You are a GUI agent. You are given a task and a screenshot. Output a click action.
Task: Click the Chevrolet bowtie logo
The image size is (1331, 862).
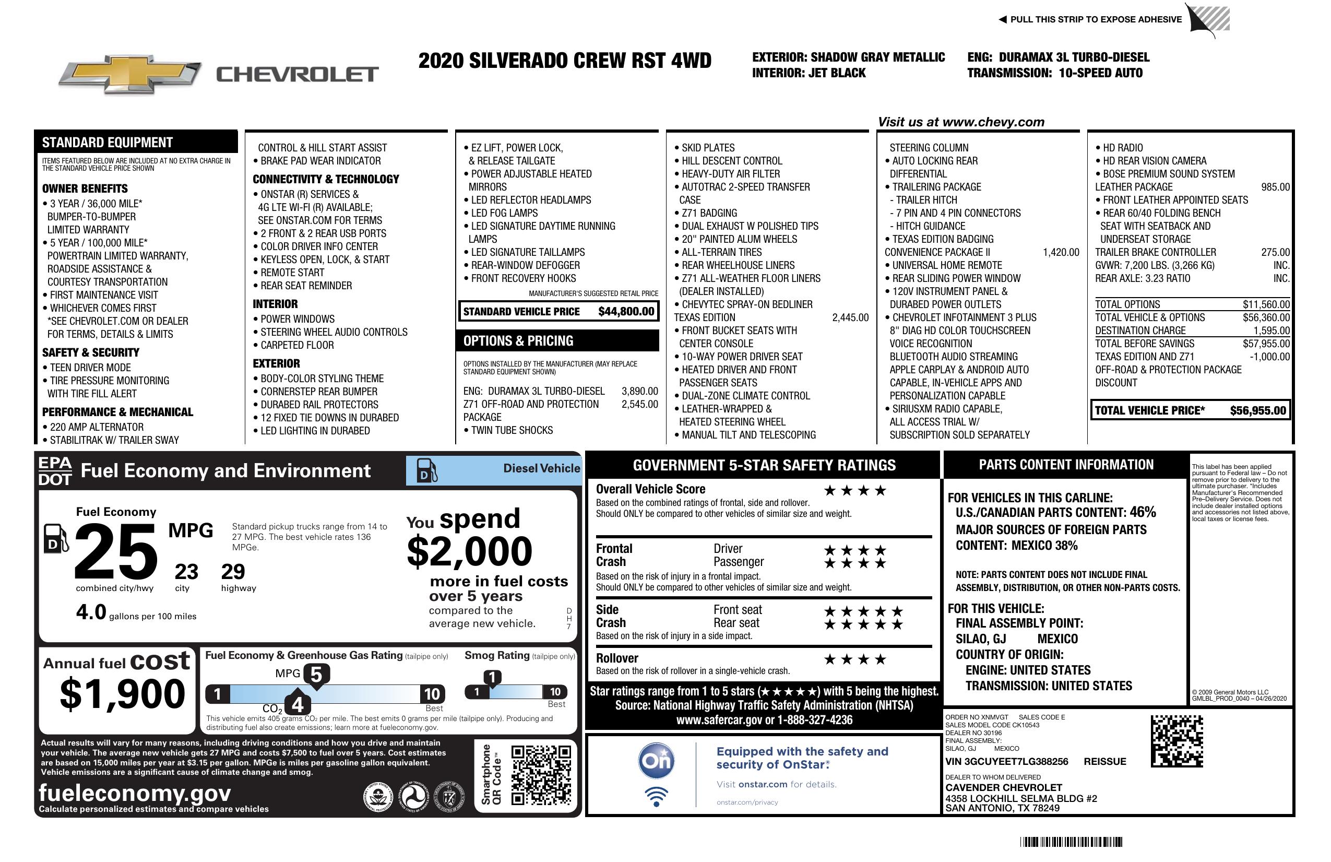coord(130,74)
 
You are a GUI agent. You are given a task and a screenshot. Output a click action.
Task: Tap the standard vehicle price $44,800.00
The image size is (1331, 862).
coord(626,312)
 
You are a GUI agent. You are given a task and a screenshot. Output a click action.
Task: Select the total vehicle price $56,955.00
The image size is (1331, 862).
coord(1258,410)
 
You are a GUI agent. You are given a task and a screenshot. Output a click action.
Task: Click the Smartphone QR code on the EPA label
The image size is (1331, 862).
coord(541,774)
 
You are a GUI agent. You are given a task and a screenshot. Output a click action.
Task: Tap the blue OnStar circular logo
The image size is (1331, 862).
coord(657,761)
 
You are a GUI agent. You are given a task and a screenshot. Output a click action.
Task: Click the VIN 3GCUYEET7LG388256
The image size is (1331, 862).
coord(1006,761)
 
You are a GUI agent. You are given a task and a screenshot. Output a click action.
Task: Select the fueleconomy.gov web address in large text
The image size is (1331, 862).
coord(135,793)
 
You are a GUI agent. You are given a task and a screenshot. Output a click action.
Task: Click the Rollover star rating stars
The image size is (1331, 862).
coord(855,659)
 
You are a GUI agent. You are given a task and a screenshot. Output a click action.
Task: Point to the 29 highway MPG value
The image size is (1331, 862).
coord(233,572)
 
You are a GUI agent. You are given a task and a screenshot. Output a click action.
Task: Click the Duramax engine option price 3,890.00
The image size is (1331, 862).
coord(639,391)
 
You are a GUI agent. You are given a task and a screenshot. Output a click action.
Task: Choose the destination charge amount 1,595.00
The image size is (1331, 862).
coord(1271,330)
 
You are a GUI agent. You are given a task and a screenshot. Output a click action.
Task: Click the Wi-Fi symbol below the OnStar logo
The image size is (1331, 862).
coord(657,797)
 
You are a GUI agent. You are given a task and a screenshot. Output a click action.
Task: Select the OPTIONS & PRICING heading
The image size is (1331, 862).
coord(518,340)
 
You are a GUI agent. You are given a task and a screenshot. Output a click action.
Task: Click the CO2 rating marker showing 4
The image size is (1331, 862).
coord(298,704)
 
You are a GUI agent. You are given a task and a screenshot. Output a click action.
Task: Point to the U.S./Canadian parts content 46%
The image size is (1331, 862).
coord(1142,512)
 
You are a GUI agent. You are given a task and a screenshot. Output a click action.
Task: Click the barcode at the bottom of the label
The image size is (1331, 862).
coord(1071,842)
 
